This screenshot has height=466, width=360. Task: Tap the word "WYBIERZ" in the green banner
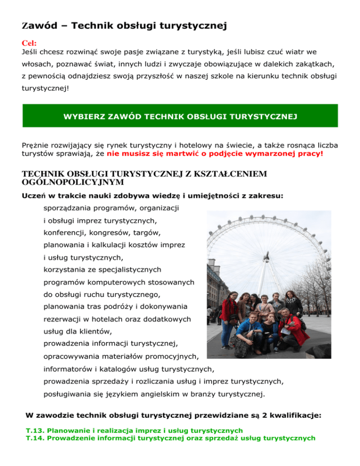point(83,116)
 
